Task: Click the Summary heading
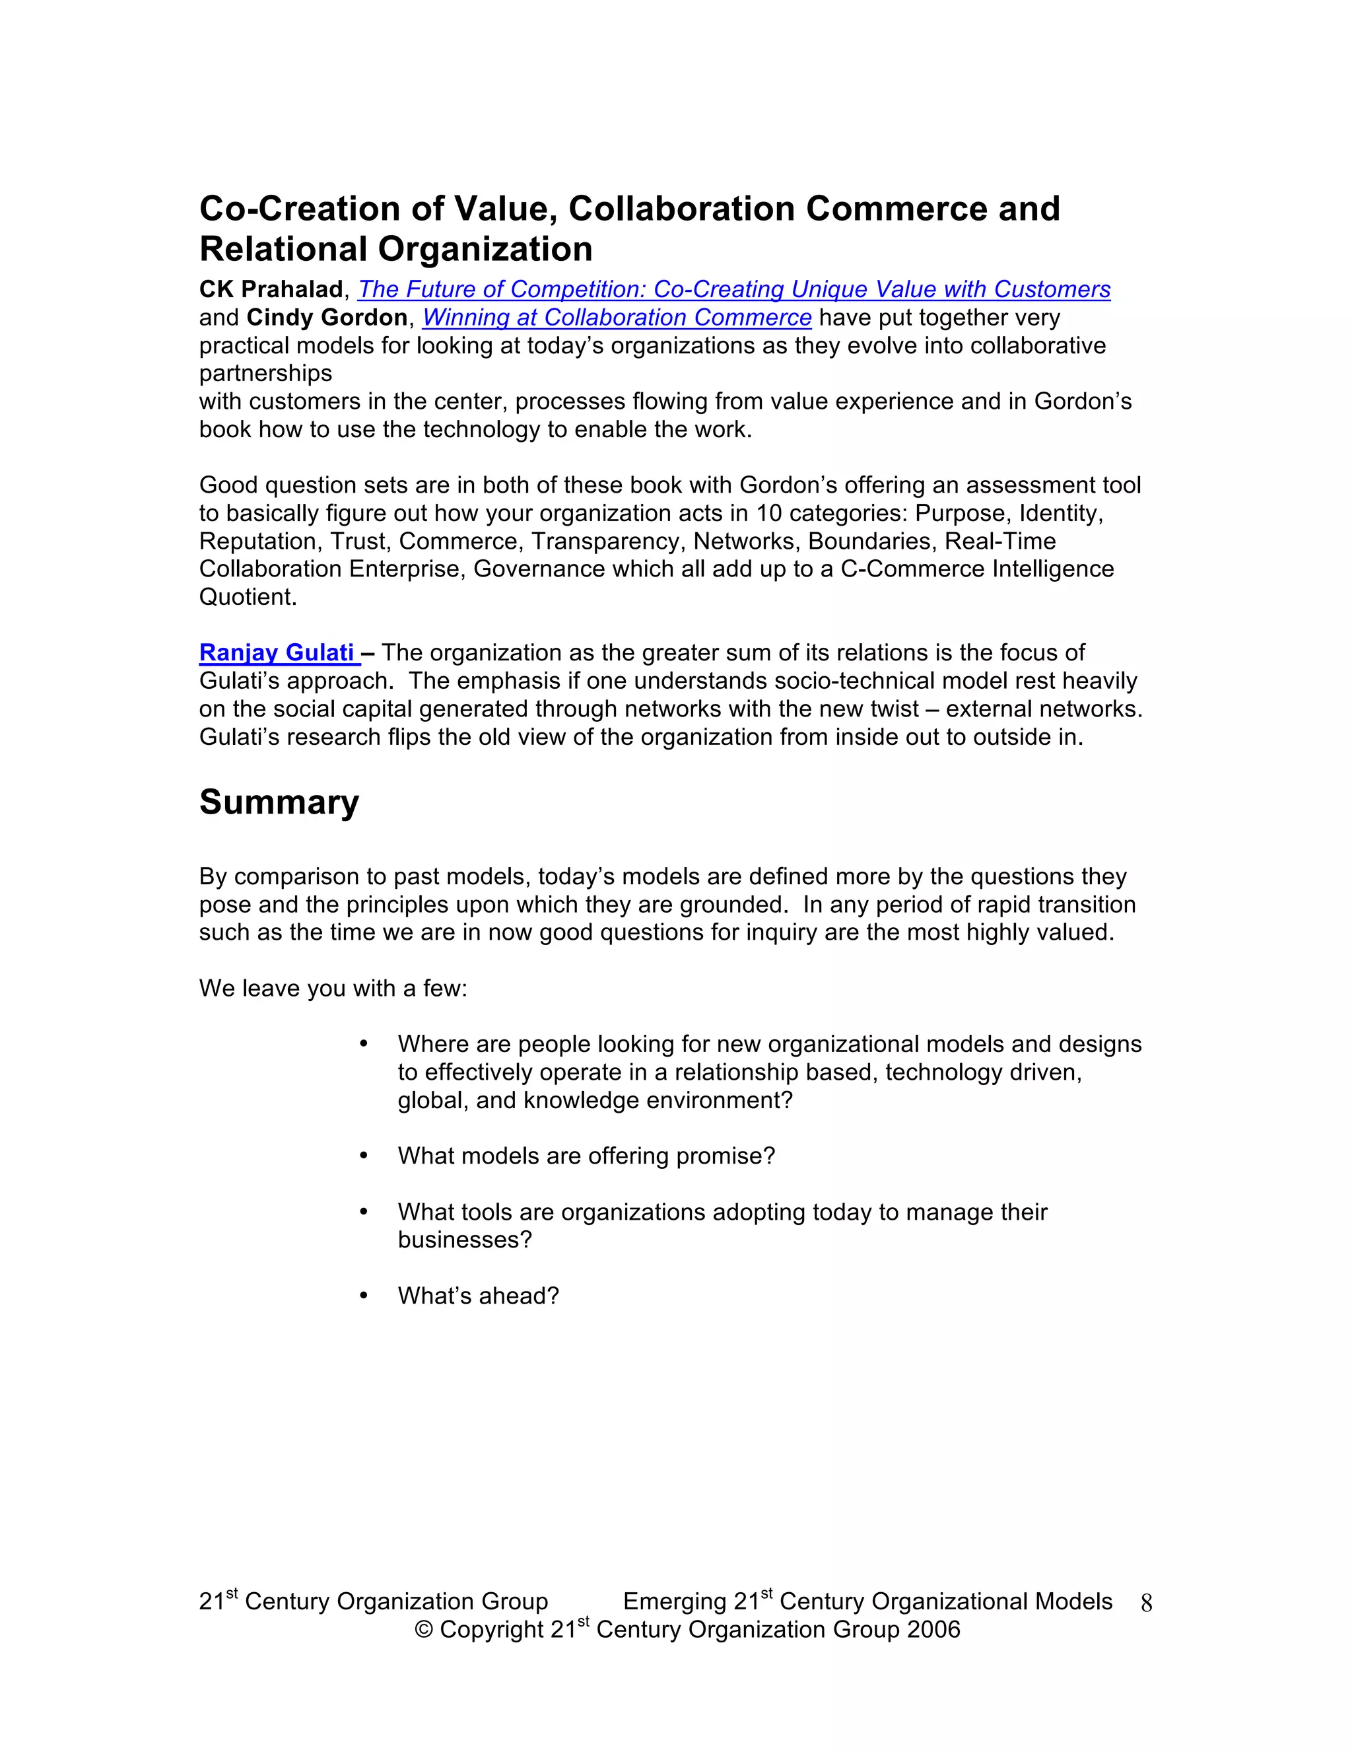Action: coord(279,802)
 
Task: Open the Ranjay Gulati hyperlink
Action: coord(277,652)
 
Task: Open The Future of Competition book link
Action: coord(733,289)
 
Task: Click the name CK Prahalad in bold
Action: coord(271,289)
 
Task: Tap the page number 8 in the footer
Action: coord(1146,1603)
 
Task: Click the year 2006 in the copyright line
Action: coord(934,1629)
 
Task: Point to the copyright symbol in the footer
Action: coord(424,1630)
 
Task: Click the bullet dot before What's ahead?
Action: coord(364,1296)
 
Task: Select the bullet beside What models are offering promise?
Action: coord(364,1156)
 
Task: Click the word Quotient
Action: coord(248,597)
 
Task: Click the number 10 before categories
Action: coord(769,513)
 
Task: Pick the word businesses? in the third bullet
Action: coord(465,1240)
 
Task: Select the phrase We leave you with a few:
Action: coord(333,988)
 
